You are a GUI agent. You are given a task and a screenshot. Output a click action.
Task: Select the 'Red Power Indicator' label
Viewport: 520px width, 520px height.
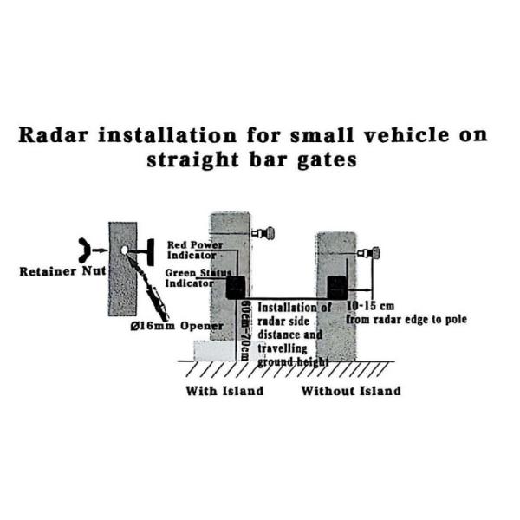click(195, 250)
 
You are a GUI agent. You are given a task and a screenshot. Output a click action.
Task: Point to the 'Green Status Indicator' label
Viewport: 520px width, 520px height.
click(196, 276)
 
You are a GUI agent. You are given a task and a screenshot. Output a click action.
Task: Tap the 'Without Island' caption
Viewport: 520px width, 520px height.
click(350, 391)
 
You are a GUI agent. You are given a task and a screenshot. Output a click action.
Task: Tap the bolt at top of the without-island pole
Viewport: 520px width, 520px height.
click(373, 254)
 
